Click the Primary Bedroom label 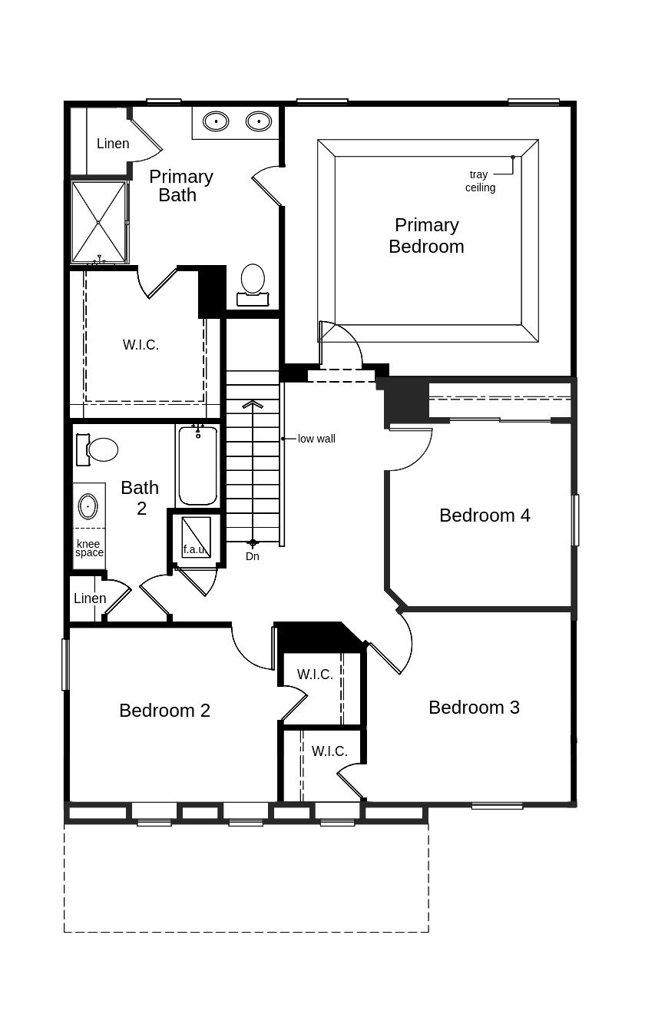(x=426, y=236)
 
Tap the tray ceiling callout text (x=480, y=181)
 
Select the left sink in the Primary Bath (x=216, y=121)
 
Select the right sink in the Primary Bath (x=259, y=121)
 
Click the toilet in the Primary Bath (x=253, y=280)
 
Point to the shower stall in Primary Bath (x=98, y=222)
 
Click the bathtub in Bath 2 (x=198, y=465)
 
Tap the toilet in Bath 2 (x=98, y=449)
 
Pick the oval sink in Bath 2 (x=88, y=507)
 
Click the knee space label (x=89, y=549)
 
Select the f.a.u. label (x=194, y=549)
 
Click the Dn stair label (x=253, y=556)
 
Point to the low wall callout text (x=316, y=439)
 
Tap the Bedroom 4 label (x=485, y=515)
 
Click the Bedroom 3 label (x=474, y=708)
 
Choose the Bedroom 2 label (x=164, y=711)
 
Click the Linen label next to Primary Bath (x=113, y=144)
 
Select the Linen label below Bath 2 (x=90, y=598)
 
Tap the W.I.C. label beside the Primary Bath (x=141, y=345)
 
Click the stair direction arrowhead (x=253, y=404)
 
